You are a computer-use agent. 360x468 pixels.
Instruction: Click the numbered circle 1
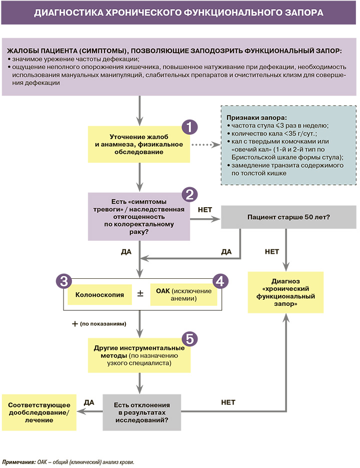[x=189, y=126]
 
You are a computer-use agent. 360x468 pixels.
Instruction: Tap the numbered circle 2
[x=189, y=194]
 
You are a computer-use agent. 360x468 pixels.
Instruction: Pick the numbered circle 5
[x=189, y=338]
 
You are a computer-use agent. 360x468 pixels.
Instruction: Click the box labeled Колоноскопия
[x=99, y=294]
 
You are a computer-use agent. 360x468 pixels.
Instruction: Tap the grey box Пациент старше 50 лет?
[x=287, y=218]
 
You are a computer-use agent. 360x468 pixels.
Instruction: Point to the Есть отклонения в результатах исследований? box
[x=142, y=412]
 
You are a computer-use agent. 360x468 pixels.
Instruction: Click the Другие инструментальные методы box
[x=139, y=355]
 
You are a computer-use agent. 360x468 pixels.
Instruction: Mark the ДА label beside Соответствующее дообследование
[x=89, y=402]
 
